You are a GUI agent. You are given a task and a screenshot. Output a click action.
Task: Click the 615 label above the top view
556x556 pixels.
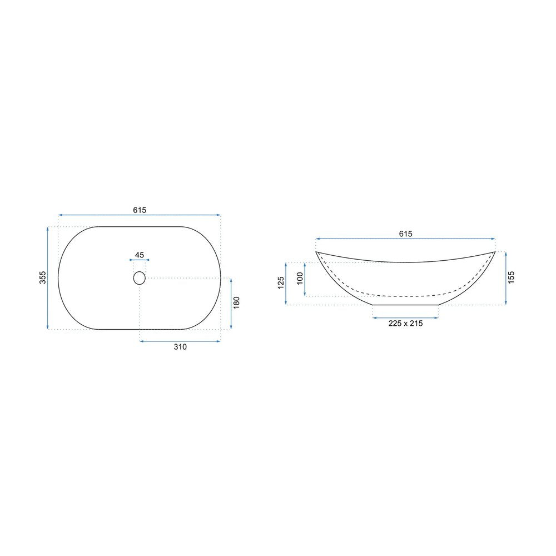tap(140, 210)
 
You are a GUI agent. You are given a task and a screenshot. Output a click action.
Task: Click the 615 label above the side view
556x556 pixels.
tap(406, 234)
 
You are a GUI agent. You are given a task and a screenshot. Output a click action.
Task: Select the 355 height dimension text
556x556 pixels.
tap(43, 277)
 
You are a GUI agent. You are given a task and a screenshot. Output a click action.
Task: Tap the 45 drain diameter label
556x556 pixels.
tap(140, 255)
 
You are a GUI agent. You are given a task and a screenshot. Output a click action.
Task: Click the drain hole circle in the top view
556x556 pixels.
tap(140, 278)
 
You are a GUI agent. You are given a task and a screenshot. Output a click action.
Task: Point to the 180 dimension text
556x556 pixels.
tap(236, 302)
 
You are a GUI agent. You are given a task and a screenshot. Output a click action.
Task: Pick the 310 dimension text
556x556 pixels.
tap(180, 347)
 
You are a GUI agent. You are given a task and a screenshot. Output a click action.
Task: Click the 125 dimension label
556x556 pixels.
tap(281, 283)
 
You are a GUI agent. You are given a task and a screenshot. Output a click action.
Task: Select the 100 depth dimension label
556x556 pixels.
tap(300, 279)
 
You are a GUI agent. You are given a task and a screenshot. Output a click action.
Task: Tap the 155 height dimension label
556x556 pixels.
tap(511, 277)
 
